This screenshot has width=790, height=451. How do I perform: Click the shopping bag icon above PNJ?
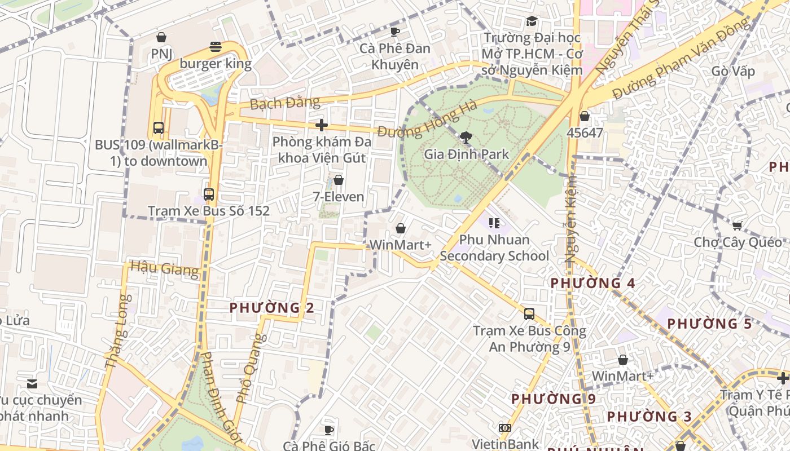point(161,38)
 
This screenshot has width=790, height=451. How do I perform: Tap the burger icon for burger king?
point(215,47)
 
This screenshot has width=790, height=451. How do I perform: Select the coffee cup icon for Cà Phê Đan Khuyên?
point(395,32)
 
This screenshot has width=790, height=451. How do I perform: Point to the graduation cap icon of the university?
point(532,21)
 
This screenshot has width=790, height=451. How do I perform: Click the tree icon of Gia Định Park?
point(466,137)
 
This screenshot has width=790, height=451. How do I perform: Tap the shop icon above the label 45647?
point(585,116)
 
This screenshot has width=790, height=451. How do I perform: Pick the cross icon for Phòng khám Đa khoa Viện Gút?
point(322,125)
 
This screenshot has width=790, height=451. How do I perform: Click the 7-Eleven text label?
point(339,197)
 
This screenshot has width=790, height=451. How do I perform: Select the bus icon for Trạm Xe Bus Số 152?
point(209,194)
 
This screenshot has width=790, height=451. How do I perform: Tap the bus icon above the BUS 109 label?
point(159,128)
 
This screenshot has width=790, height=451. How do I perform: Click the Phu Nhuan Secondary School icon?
point(494,223)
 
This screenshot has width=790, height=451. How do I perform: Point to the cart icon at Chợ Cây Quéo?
point(737,226)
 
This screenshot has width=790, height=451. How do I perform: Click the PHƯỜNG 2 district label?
point(271,308)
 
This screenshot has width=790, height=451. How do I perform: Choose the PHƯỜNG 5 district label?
point(710,324)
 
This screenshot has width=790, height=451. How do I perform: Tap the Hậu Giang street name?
point(165,269)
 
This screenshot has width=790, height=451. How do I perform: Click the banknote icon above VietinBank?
point(505,428)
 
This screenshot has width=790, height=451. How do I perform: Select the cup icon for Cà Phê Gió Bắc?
point(329,431)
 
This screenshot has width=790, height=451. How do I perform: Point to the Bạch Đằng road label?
point(284,104)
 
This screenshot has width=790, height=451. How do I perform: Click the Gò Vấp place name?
point(733,71)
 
